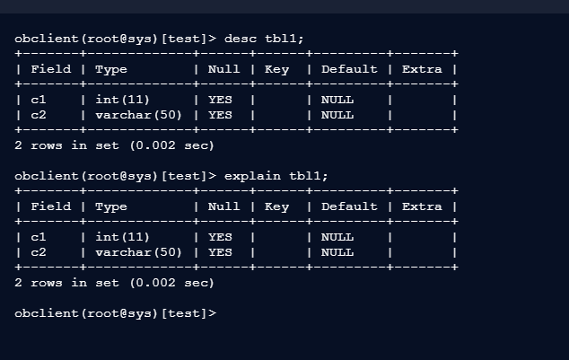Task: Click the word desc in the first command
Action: pos(240,39)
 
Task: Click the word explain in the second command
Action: pos(252,176)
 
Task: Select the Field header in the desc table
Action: pos(50,69)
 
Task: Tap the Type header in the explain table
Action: pos(111,206)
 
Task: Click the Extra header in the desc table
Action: pos(422,69)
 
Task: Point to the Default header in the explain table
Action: pos(349,206)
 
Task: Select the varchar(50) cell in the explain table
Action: pos(138,252)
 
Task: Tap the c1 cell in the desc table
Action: pos(38,100)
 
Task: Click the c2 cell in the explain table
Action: pos(38,252)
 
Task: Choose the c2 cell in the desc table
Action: pos(38,115)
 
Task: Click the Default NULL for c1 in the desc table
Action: pos(337,100)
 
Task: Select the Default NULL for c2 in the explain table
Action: pos(337,252)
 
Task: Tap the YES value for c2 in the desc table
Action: pos(220,115)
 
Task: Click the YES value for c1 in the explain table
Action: pos(220,237)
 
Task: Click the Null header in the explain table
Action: pos(223,206)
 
